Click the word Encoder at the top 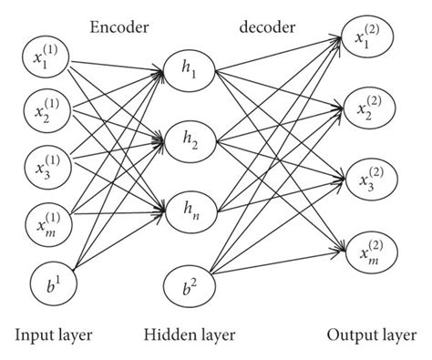click(x=118, y=26)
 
